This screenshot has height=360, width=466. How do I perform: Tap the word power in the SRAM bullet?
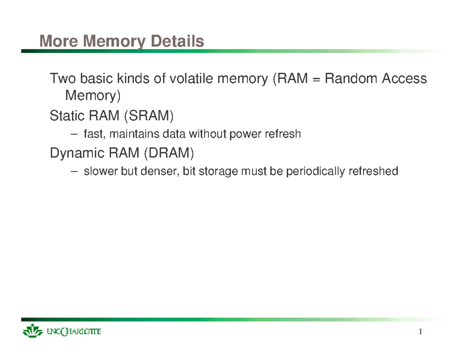coord(247,135)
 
